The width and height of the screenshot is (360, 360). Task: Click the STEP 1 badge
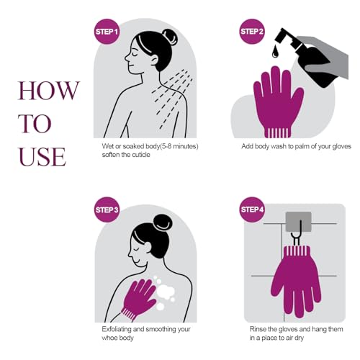tap(107, 32)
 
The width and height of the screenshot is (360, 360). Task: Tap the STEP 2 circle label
tap(252, 32)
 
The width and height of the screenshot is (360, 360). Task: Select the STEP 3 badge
tap(107, 210)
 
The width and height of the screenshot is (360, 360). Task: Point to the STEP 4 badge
tap(252, 210)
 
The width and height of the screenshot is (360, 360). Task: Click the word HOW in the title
tap(49, 91)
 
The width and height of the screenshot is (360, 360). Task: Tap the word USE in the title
tap(42, 157)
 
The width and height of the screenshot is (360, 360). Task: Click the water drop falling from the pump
tap(275, 52)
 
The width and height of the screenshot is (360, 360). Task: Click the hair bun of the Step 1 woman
tap(170, 37)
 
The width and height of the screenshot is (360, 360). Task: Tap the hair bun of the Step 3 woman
tap(163, 222)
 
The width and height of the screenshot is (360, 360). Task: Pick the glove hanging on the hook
tap(296, 281)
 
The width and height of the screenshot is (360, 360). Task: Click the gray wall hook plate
tap(299, 221)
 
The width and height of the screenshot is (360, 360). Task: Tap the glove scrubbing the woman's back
tap(138, 298)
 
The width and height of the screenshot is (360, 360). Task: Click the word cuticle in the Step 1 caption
tap(140, 155)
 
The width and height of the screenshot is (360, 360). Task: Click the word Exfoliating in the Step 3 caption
tap(117, 329)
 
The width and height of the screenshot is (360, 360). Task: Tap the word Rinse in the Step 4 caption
tap(258, 329)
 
